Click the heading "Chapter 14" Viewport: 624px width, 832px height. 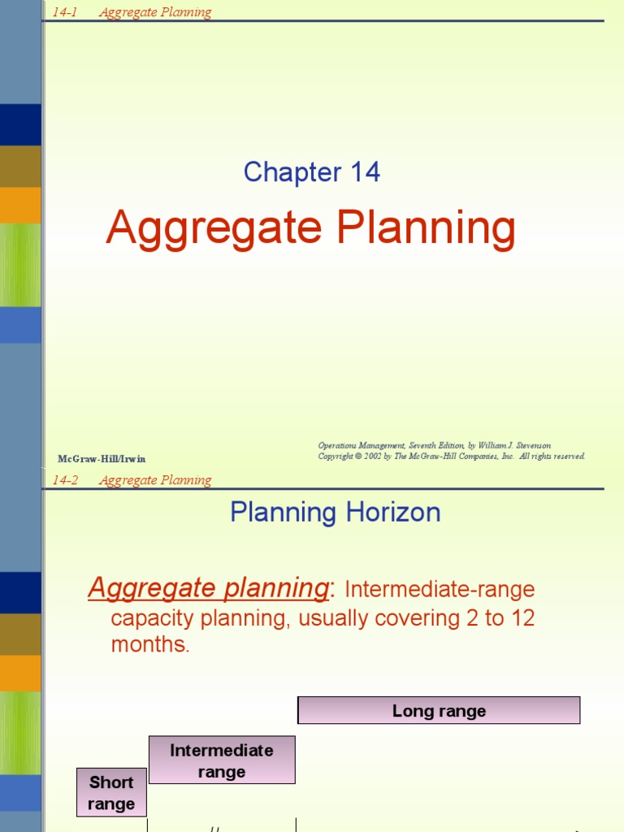coord(311,172)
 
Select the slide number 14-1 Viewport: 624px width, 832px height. coord(64,12)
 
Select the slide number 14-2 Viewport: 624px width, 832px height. coord(65,480)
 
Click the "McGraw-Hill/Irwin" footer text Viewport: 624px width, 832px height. coord(102,459)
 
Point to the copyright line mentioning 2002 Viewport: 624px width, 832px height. coord(451,457)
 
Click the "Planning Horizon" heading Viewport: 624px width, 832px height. coord(335,513)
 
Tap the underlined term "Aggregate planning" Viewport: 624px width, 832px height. coord(208,587)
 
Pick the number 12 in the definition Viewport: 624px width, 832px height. coord(522,618)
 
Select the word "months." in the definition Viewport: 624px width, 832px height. coord(149,646)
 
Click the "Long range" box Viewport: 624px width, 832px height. coord(439,711)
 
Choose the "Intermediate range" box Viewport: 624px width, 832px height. coord(221,760)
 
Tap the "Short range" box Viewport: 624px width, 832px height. coord(111,793)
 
